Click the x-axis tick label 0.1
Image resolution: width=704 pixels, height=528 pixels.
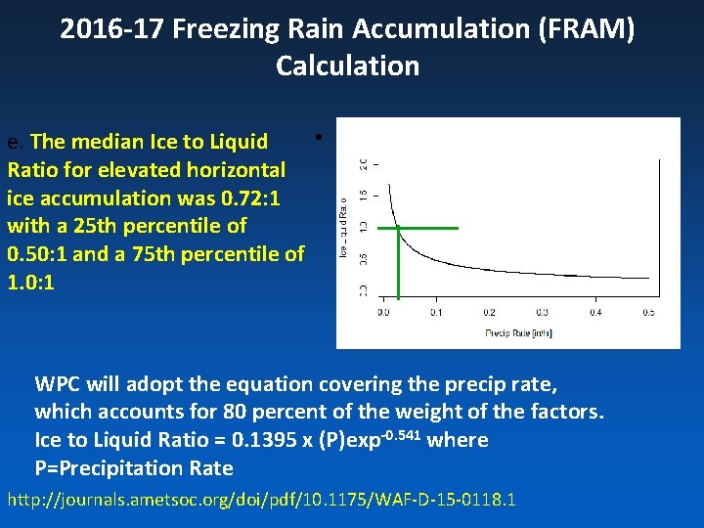[x=436, y=312]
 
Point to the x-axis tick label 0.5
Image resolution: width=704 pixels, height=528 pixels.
[x=648, y=312]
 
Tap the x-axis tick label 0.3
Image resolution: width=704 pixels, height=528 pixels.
[x=543, y=312]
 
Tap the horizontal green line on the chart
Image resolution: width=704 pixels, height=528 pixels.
[x=427, y=228]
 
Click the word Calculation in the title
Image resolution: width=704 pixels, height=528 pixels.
[x=347, y=66]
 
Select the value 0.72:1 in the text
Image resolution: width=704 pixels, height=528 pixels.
[x=251, y=198]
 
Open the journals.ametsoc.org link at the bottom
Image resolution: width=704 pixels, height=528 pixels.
[x=262, y=501]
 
